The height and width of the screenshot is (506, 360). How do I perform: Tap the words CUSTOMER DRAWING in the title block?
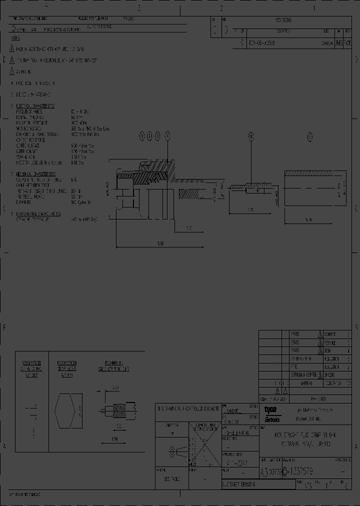[239, 485]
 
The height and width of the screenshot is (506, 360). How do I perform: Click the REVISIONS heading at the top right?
[283, 20]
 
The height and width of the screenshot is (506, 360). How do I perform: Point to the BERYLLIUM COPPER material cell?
[303, 374]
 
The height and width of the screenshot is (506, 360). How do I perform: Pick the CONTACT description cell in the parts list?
[330, 334]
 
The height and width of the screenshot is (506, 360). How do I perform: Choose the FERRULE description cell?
[330, 343]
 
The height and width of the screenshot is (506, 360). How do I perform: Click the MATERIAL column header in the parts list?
[303, 382]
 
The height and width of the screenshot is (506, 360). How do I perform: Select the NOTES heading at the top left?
[15, 37]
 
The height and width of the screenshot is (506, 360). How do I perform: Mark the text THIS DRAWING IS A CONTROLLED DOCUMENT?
[187, 408]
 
